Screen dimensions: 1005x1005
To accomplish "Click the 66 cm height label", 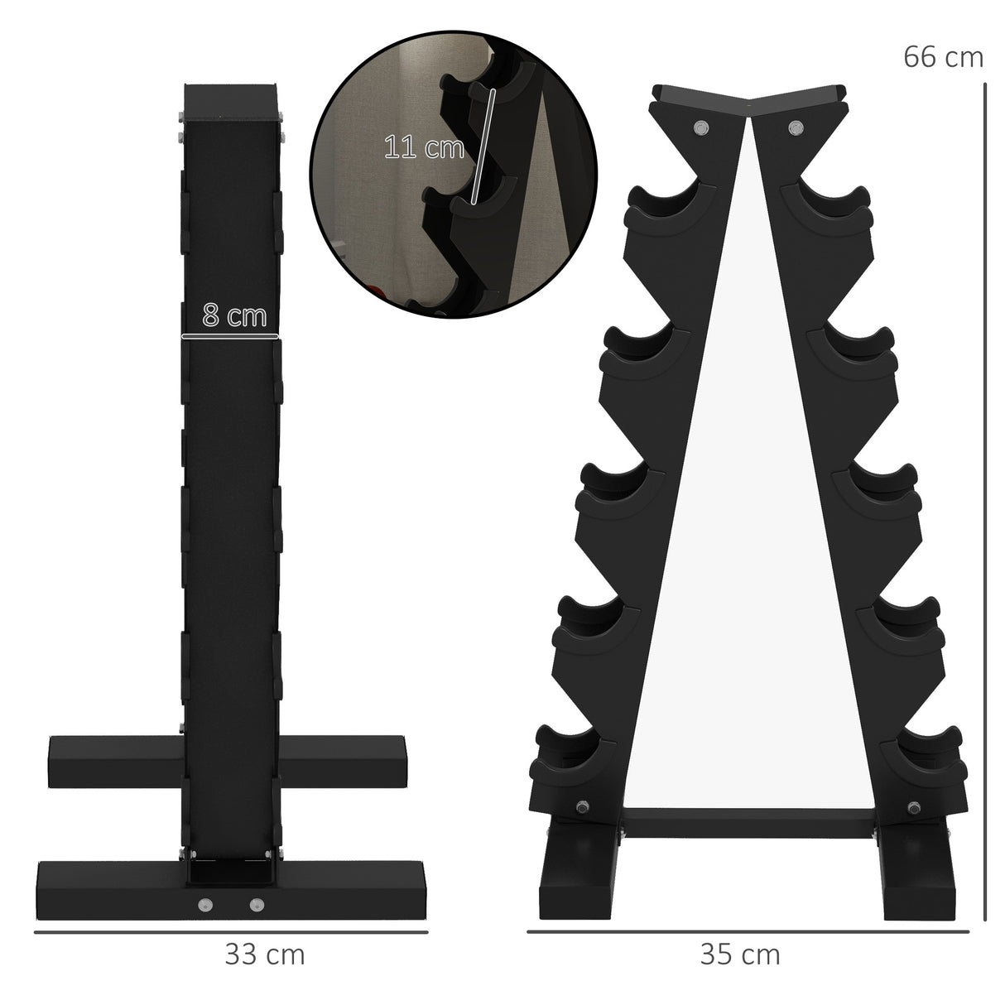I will (x=943, y=57).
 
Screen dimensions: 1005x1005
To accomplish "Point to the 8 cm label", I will (x=234, y=316).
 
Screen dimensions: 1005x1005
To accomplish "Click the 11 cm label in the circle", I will (x=424, y=147).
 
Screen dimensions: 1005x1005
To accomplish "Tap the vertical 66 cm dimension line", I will (x=984, y=497).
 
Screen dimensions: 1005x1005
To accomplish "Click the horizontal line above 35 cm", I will (x=748, y=933).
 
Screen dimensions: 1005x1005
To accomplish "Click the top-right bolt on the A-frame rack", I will (x=796, y=127).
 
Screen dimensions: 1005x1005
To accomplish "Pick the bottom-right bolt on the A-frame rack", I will (x=915, y=808).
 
